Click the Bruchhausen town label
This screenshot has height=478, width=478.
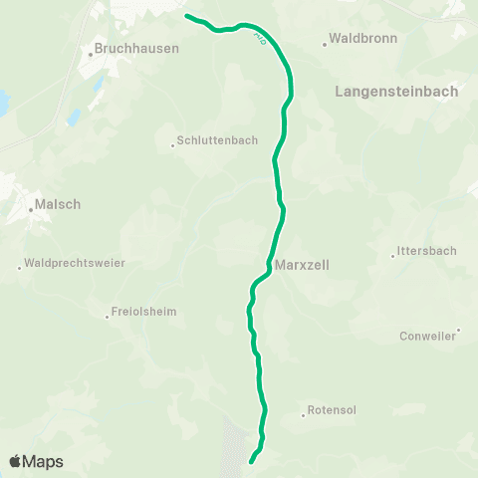click(137, 47)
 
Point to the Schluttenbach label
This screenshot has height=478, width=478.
click(217, 141)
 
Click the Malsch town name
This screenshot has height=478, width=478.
click(57, 205)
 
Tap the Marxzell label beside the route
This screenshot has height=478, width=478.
click(304, 266)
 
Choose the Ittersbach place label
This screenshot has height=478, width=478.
click(426, 251)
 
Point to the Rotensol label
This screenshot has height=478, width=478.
click(333, 409)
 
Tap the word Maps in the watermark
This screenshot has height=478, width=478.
click(45, 461)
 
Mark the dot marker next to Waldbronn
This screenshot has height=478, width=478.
click(326, 43)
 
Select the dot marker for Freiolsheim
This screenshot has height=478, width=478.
click(108, 317)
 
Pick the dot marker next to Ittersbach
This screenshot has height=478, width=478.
click(393, 256)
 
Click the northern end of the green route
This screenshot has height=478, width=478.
click(187, 16)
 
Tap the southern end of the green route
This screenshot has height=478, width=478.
click(250, 461)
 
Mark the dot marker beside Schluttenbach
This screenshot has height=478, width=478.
click(172, 146)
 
